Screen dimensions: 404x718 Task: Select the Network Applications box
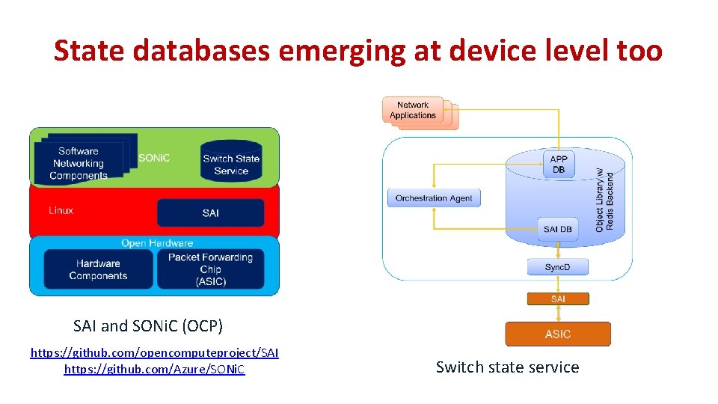pos(413,111)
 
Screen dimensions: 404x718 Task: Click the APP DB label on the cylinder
pos(558,164)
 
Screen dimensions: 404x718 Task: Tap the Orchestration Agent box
pos(434,198)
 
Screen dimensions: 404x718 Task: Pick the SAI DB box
pos(558,229)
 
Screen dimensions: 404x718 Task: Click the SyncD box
pos(557,267)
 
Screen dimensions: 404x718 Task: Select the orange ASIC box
pos(558,334)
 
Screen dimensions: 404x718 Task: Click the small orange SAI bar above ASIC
pos(558,299)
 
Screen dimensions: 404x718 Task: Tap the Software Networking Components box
pos(79,163)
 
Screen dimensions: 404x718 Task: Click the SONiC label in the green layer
pos(154,158)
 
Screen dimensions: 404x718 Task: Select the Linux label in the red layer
pos(61,210)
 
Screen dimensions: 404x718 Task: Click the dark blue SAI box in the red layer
pos(210,213)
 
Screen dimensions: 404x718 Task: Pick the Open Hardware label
pos(157,243)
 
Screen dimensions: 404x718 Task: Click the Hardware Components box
pos(98,269)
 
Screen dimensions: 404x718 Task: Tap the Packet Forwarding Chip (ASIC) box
pos(210,269)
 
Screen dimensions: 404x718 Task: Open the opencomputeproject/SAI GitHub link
pos(154,352)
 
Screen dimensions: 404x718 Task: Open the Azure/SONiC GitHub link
pos(154,370)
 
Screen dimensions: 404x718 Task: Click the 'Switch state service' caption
pos(507,367)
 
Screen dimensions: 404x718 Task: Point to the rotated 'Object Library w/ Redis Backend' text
pos(604,198)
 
